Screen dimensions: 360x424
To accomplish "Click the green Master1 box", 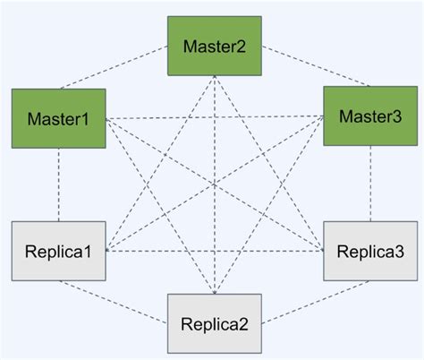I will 59,118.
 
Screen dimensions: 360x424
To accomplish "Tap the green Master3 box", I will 368,115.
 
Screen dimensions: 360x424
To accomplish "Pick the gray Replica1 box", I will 59,251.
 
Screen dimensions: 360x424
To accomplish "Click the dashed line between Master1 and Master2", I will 134,73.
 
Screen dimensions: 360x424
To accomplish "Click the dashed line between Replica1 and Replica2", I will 134,301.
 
